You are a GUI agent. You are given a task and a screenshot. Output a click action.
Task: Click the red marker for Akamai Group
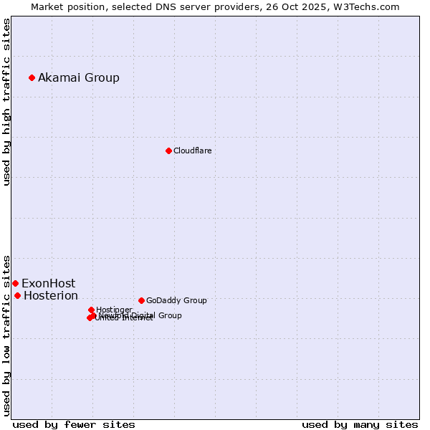coord(32,77)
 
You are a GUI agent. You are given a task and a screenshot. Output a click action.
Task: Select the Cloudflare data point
coord(168,150)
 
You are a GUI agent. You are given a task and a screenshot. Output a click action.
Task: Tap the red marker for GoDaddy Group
coord(141,300)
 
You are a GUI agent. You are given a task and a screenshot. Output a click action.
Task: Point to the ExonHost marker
coord(15,283)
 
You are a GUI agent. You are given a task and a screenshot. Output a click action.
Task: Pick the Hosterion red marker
coord(17,295)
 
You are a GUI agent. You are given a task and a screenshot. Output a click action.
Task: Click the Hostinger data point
coord(91,310)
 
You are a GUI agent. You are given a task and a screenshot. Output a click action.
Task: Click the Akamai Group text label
coord(79,77)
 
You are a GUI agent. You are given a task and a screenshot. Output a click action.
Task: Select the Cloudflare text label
coord(192,150)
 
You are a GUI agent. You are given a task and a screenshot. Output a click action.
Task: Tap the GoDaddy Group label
coord(176,300)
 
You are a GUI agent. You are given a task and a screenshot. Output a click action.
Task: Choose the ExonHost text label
coord(48,283)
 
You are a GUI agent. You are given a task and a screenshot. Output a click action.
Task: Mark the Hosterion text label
coord(51,295)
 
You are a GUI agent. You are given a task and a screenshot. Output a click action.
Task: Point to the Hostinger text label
coord(114,310)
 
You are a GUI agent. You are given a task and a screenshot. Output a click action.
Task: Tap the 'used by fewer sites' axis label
coord(74,424)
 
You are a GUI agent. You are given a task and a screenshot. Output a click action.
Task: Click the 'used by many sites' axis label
coord(360,424)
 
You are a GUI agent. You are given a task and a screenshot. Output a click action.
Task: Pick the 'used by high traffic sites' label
coord(6,102)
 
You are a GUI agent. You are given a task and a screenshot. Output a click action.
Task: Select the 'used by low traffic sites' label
coord(6,335)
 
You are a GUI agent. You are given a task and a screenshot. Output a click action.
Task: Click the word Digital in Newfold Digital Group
coord(141,315)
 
